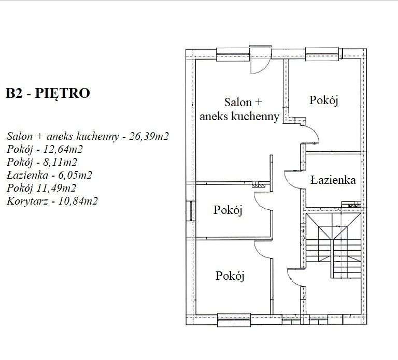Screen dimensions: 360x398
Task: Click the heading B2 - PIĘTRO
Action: [48, 94]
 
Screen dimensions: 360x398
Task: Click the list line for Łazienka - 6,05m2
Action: [50, 175]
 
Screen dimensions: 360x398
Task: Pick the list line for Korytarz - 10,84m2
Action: [52, 200]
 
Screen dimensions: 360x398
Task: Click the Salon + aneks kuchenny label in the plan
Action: [240, 109]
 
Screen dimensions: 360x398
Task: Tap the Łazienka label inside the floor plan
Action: [333, 180]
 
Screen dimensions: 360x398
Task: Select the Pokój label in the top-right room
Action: [324, 100]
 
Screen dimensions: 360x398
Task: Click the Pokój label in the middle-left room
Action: [229, 210]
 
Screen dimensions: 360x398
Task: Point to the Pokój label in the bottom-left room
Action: [230, 276]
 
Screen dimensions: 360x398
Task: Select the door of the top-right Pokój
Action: [311, 135]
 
